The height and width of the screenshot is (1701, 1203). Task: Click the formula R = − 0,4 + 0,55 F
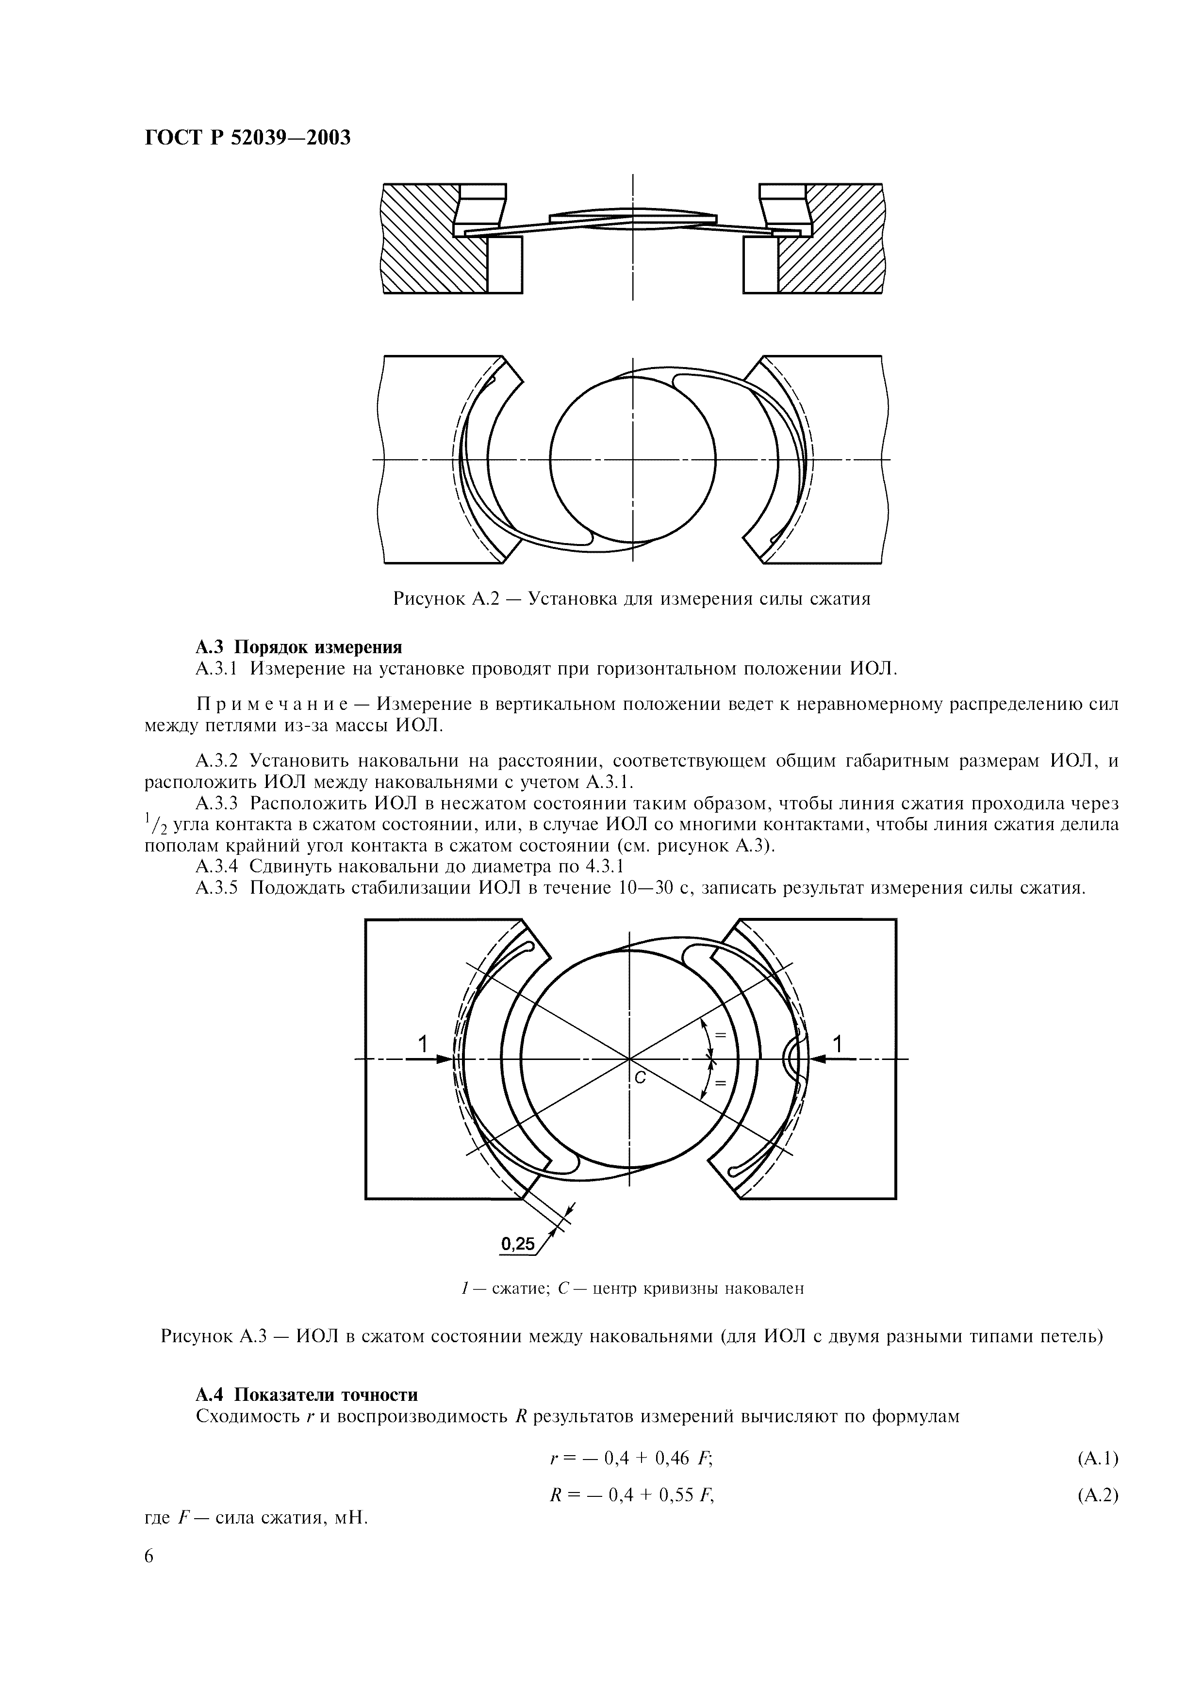pyautogui.click(x=631, y=1495)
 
